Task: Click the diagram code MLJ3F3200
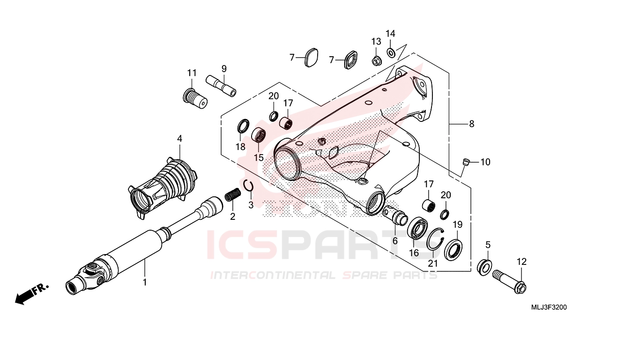pyautogui.click(x=549, y=307)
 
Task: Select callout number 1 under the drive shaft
pyautogui.click(x=145, y=282)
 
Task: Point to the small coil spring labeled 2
pyautogui.click(x=233, y=195)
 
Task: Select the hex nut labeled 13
pyautogui.click(x=375, y=60)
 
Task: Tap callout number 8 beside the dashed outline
pyautogui.click(x=472, y=124)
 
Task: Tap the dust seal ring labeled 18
pyautogui.click(x=243, y=126)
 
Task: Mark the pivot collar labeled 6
pyautogui.click(x=396, y=216)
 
